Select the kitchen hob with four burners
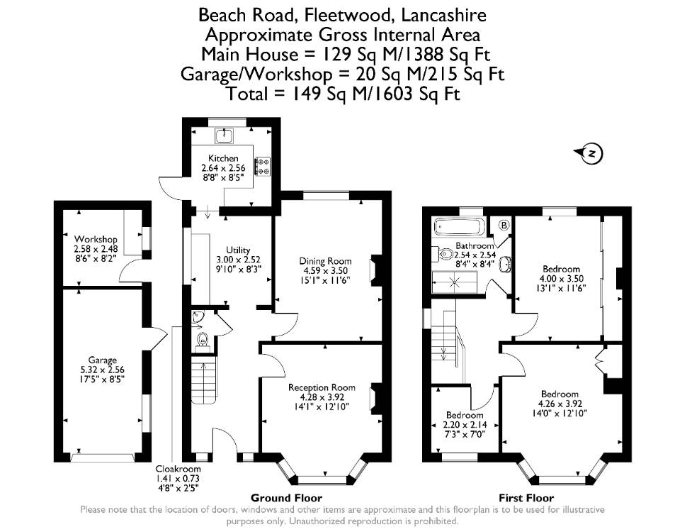(263, 165)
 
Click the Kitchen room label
(223, 158)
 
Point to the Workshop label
(96, 239)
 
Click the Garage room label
(103, 360)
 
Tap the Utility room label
(238, 250)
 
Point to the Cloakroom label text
(178, 469)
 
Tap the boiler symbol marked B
(504, 225)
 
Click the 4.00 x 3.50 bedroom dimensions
(562, 279)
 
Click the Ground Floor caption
(286, 498)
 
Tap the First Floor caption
(526, 498)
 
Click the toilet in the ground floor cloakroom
(203, 339)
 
